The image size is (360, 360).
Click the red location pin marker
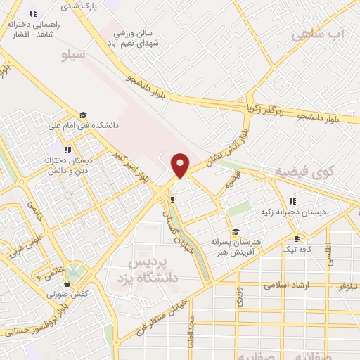point(181,165)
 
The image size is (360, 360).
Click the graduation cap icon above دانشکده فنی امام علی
point(83,115)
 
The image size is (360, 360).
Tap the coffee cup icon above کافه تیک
point(296,238)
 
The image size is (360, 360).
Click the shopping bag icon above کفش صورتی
point(67,283)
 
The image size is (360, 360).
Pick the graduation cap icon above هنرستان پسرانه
point(235,231)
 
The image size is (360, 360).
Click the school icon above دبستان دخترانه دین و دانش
point(67,149)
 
